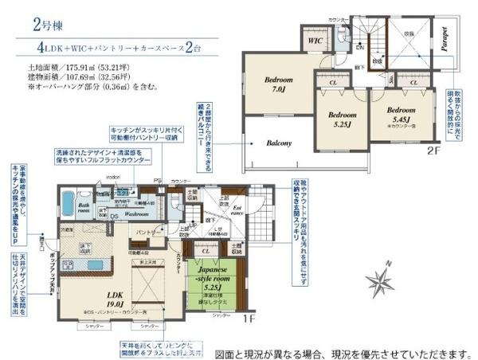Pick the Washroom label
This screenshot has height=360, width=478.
[138, 214]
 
